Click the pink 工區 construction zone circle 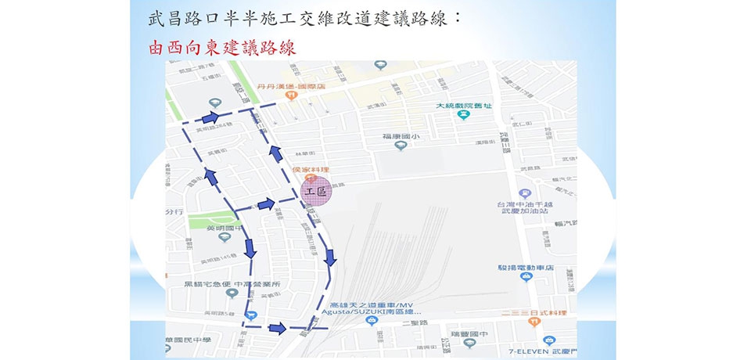point(317,192)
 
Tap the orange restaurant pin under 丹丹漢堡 point(291,95)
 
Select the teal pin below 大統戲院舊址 point(464,115)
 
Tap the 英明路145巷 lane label point(217,259)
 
